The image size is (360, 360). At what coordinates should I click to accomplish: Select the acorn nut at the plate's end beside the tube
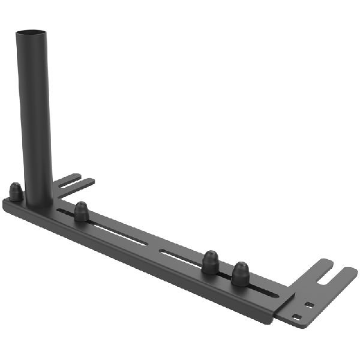pos(16,192)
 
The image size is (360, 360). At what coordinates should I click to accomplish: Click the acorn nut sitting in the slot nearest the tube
pos(81,211)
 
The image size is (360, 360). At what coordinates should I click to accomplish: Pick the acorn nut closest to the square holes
pos(241,273)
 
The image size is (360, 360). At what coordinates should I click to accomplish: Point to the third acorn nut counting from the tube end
pos(210,262)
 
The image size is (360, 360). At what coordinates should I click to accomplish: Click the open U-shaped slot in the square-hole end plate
pos(329,277)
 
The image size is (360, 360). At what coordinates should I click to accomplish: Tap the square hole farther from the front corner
pos(309,305)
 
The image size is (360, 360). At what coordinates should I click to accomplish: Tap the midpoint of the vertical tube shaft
pos(36,117)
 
